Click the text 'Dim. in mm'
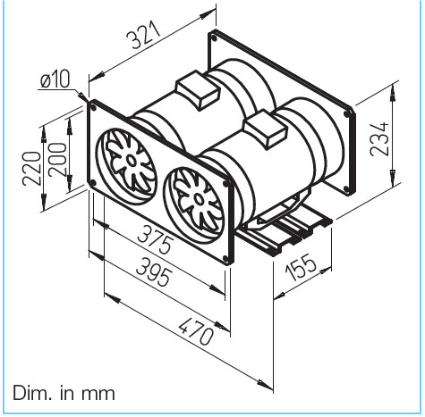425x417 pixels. tap(64, 393)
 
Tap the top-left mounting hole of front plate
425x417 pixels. tap(92, 104)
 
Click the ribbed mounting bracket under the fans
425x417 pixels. tap(291, 234)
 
